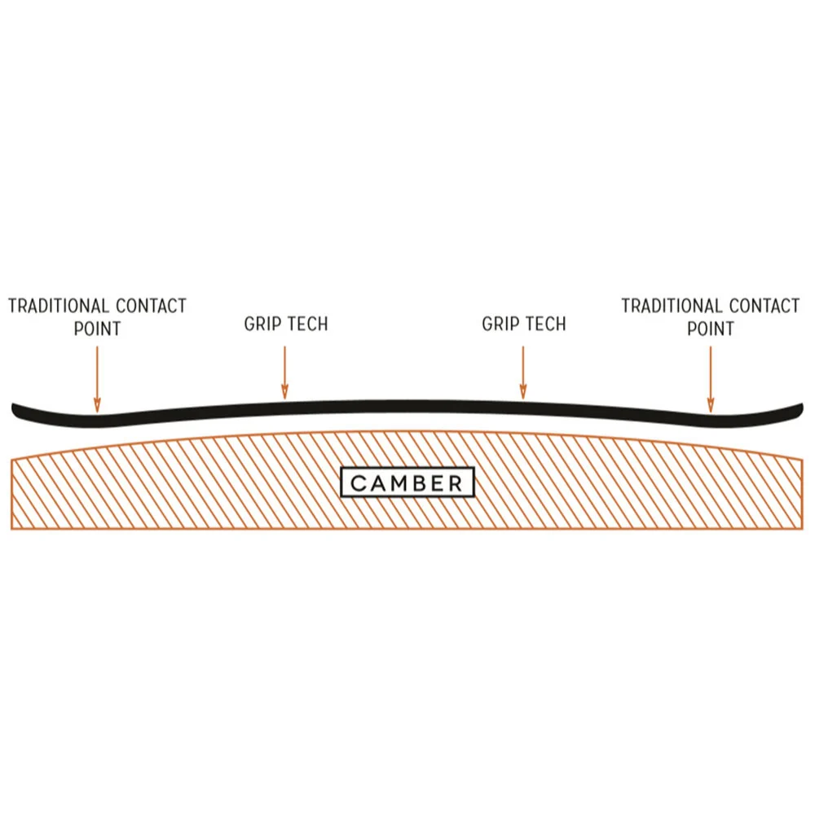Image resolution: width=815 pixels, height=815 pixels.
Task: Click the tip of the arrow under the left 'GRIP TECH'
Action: [284, 399]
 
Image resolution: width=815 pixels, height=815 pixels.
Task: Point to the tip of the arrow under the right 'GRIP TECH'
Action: [523, 399]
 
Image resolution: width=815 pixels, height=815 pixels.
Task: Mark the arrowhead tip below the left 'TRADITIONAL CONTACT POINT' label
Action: [97, 412]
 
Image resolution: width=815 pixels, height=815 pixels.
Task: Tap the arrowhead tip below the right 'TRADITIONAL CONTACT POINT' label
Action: [711, 412]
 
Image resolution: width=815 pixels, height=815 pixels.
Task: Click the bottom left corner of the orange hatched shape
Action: [11, 529]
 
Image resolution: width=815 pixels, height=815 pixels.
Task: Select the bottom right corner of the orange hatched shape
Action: [803, 529]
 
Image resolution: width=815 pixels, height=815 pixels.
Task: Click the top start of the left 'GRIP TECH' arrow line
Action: [284, 346]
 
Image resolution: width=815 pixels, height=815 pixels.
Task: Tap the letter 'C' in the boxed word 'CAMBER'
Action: [358, 483]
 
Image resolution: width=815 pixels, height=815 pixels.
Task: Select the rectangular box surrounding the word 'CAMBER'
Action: [407, 482]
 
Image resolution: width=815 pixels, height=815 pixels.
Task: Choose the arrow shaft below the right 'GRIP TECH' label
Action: [523, 372]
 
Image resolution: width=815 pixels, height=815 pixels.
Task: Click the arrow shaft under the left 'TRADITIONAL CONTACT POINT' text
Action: [97, 380]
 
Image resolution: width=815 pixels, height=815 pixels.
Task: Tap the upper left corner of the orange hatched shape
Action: [11, 458]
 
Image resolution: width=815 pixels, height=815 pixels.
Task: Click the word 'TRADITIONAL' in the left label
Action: [58, 306]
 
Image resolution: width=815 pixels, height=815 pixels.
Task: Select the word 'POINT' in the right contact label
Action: [711, 328]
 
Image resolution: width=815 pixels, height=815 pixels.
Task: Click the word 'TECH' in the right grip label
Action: [546, 324]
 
